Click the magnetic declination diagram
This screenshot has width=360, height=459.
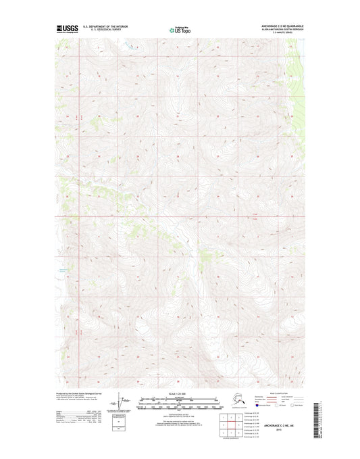122,402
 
